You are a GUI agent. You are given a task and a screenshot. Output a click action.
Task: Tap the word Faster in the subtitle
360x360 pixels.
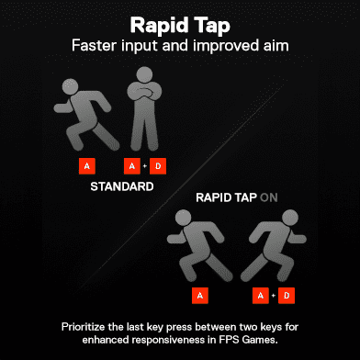pos(95,46)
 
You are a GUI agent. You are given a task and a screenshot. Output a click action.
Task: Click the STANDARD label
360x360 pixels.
pos(122,186)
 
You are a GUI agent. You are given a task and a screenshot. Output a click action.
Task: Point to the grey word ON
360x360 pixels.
pos(269,197)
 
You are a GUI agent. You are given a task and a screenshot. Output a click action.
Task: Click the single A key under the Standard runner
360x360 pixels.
pos(87,166)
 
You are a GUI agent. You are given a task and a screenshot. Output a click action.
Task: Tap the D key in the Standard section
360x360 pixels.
pos(158,166)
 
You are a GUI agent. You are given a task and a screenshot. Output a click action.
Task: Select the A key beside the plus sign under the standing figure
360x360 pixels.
pos(132,166)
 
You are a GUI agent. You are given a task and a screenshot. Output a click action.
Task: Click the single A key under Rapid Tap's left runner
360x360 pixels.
pos(200,296)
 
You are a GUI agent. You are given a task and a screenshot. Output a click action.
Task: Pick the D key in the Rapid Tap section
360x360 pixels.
pos(287,296)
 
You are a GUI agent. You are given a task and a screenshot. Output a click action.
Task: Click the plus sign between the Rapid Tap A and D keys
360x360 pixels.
pos(274,296)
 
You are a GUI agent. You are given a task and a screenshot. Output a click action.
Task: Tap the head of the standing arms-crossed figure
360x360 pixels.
pos(144,75)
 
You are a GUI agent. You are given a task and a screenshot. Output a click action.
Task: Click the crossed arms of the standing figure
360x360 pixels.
pos(144,93)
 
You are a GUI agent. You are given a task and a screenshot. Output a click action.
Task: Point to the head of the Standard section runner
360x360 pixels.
pos(70,86)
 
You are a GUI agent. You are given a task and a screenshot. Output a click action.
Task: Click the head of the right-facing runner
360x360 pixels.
pos(289,219)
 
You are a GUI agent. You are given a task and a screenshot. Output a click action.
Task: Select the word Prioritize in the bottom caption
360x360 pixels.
pos(83,327)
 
